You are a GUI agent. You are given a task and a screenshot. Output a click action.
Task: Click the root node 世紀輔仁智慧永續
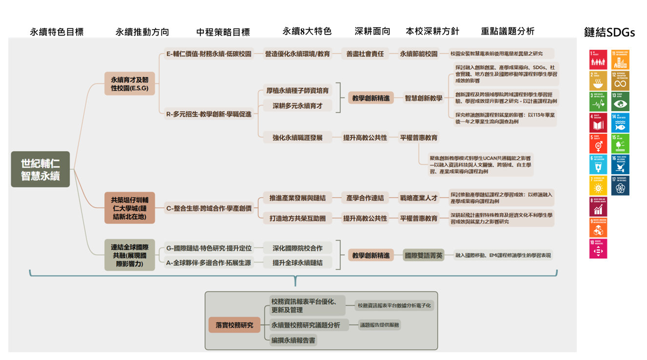pos(40,169)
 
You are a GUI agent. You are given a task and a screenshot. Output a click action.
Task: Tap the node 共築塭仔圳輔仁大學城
pos(129,208)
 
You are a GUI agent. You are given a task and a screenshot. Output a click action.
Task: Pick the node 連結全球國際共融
pos(129,255)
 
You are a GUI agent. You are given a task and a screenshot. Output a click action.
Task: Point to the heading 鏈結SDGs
pos(609,33)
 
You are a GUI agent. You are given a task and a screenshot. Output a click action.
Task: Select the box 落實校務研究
pos(235,325)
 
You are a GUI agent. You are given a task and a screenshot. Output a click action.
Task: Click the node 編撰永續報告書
pos(293,340)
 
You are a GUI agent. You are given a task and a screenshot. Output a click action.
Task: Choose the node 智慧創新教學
pos(424,98)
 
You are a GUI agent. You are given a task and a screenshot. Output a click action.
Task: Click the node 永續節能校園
pos(419,54)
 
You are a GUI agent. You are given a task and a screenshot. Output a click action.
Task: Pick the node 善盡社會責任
pos(365,54)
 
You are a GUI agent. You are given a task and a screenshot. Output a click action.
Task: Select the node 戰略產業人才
pos(419,198)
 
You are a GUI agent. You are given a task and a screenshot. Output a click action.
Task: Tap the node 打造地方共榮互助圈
pos(297,219)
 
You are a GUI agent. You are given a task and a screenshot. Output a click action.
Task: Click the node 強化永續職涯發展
pos(297,138)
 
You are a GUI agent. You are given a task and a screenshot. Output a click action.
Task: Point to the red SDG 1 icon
pos(598,60)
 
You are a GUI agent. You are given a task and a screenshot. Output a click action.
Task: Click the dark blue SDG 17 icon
pos(620,186)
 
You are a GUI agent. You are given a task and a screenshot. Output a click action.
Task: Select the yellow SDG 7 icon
pos(598,186)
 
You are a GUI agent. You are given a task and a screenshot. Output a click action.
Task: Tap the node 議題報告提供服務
pos(379,325)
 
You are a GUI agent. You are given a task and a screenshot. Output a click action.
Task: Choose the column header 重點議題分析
pos(508,31)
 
